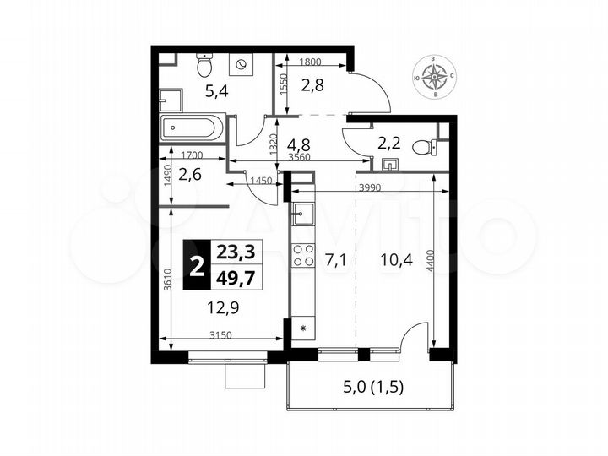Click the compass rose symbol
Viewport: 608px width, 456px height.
pyautogui.click(x=437, y=77)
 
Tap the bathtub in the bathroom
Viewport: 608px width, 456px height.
pyautogui.click(x=193, y=130)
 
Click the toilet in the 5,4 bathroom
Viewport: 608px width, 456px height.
pyautogui.click(x=204, y=65)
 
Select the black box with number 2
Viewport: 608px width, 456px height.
pyautogui.click(x=197, y=264)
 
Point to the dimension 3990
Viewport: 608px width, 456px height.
pyautogui.click(x=371, y=186)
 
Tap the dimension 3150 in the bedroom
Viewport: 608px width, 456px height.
pyautogui.click(x=221, y=336)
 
